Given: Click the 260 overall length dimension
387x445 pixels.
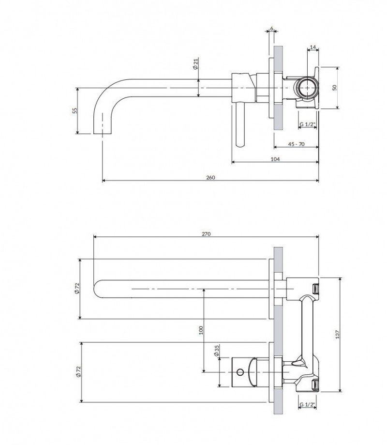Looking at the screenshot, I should coord(210,177).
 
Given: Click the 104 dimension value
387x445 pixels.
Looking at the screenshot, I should coord(275,159).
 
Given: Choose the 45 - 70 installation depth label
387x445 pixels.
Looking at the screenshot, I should coord(296,144).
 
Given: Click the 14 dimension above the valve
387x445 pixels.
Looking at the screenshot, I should coord(313,47).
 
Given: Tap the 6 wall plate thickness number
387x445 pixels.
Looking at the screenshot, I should coord(272,29).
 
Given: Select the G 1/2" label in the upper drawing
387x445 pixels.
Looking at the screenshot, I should coord(307,124).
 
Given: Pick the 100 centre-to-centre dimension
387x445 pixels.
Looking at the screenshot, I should coord(201,330).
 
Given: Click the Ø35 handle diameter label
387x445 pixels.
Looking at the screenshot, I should coord(217,351).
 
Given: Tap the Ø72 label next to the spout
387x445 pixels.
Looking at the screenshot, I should coord(77,289).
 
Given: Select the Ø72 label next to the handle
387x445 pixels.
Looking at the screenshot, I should coord(77,371).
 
